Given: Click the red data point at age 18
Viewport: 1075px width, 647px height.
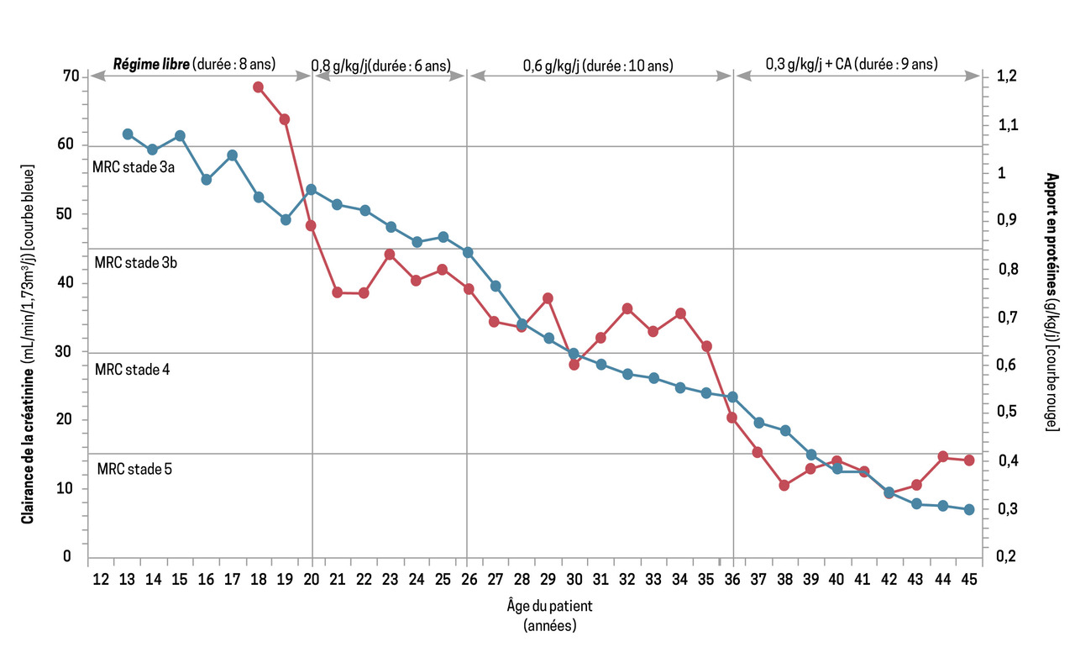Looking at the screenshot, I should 259,87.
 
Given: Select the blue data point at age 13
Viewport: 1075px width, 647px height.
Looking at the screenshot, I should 128,134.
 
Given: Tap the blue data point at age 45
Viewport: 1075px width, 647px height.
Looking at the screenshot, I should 969,510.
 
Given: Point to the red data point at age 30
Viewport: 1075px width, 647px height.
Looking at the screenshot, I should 574,365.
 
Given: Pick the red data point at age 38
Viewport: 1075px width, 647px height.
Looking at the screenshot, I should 784,486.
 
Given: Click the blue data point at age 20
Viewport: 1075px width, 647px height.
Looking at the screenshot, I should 311,190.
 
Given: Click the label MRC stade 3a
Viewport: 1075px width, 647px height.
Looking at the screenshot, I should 133,168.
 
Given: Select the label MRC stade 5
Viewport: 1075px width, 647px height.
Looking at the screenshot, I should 134,469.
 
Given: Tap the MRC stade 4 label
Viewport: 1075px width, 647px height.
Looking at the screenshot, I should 133,369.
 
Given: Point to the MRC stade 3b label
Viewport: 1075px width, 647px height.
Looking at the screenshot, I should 135,262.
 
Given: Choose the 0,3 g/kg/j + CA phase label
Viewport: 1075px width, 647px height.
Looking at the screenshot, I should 852,64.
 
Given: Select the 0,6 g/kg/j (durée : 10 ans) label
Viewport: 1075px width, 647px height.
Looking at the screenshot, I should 598,65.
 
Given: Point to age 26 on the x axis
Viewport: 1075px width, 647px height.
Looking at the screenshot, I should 469,579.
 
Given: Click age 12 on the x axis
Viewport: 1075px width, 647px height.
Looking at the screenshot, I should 101,579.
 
